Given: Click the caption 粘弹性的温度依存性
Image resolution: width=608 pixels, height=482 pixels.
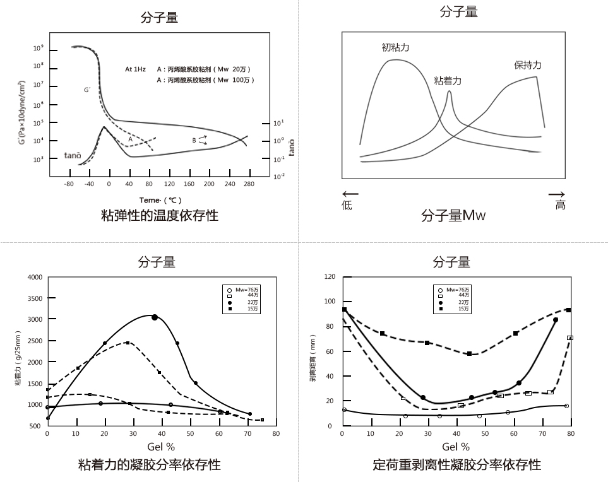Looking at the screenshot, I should (x=160, y=216).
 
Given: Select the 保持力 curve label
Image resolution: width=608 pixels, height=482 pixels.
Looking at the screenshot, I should (x=528, y=65).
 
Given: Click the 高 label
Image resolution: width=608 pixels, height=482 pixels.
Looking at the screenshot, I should (x=560, y=205).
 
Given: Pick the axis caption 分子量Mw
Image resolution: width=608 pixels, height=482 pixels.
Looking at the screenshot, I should (x=453, y=216).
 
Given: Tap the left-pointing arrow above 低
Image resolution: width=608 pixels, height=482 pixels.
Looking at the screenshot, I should (x=350, y=194).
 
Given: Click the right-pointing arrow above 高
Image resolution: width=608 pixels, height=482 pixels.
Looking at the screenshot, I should (x=556, y=194).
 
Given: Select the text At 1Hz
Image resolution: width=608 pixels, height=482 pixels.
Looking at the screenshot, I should (x=135, y=69).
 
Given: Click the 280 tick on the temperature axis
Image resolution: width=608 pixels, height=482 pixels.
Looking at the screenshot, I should (x=248, y=184).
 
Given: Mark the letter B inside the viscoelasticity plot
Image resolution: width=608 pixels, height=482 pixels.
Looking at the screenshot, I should (x=194, y=140).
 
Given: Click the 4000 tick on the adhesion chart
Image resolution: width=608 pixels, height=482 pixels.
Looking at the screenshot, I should (x=35, y=277).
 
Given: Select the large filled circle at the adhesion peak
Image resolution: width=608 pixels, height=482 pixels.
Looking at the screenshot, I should (x=155, y=317).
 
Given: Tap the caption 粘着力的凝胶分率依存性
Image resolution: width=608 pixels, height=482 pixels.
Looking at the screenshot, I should (x=149, y=465).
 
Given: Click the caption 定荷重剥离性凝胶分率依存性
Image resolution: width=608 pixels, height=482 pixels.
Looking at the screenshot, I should (x=456, y=465).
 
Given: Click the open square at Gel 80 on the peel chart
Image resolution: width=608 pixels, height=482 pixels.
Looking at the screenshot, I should (x=569, y=338).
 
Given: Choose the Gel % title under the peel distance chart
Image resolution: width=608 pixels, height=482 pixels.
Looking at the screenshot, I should (x=456, y=447).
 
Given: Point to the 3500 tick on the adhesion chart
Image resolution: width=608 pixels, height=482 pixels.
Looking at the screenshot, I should (x=35, y=298).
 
